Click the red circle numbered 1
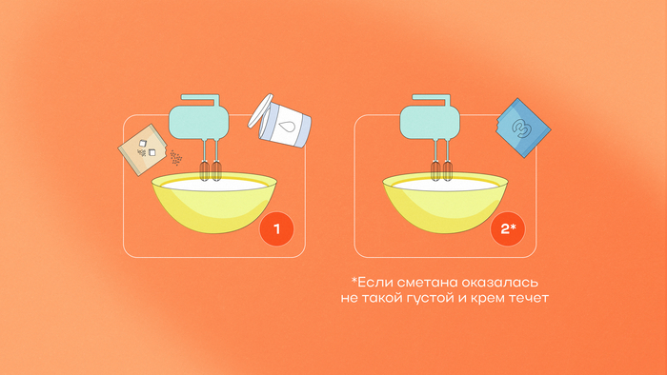276,229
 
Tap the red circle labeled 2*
508,229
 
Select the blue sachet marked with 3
523,128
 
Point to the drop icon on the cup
287,126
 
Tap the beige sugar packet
142,149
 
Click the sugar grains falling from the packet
176,158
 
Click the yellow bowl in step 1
214,202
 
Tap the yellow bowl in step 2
445,202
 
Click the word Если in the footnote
370,282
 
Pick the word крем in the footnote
489,299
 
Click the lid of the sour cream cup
260,110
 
